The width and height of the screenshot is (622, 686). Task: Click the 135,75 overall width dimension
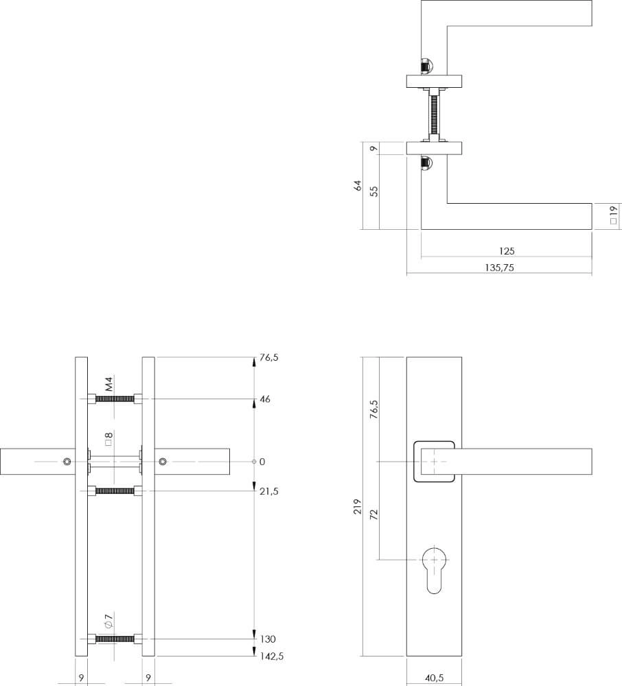(498, 268)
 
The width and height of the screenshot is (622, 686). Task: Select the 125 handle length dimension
(507, 252)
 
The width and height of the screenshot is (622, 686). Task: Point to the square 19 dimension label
(613, 217)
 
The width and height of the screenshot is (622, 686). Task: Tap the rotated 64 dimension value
(357, 185)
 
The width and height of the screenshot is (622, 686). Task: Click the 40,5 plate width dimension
(434, 678)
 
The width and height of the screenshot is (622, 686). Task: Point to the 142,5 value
(272, 656)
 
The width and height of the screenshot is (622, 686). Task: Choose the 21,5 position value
(270, 491)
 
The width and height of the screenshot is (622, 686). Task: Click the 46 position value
(265, 399)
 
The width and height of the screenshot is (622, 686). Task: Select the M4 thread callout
(108, 383)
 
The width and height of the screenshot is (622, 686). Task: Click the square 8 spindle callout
(108, 439)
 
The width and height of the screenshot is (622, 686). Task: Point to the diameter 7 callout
(108, 622)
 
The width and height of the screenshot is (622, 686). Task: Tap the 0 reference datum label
(262, 462)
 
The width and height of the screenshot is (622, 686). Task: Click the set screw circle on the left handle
(67, 461)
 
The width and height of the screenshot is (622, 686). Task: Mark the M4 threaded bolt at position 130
(115, 639)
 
